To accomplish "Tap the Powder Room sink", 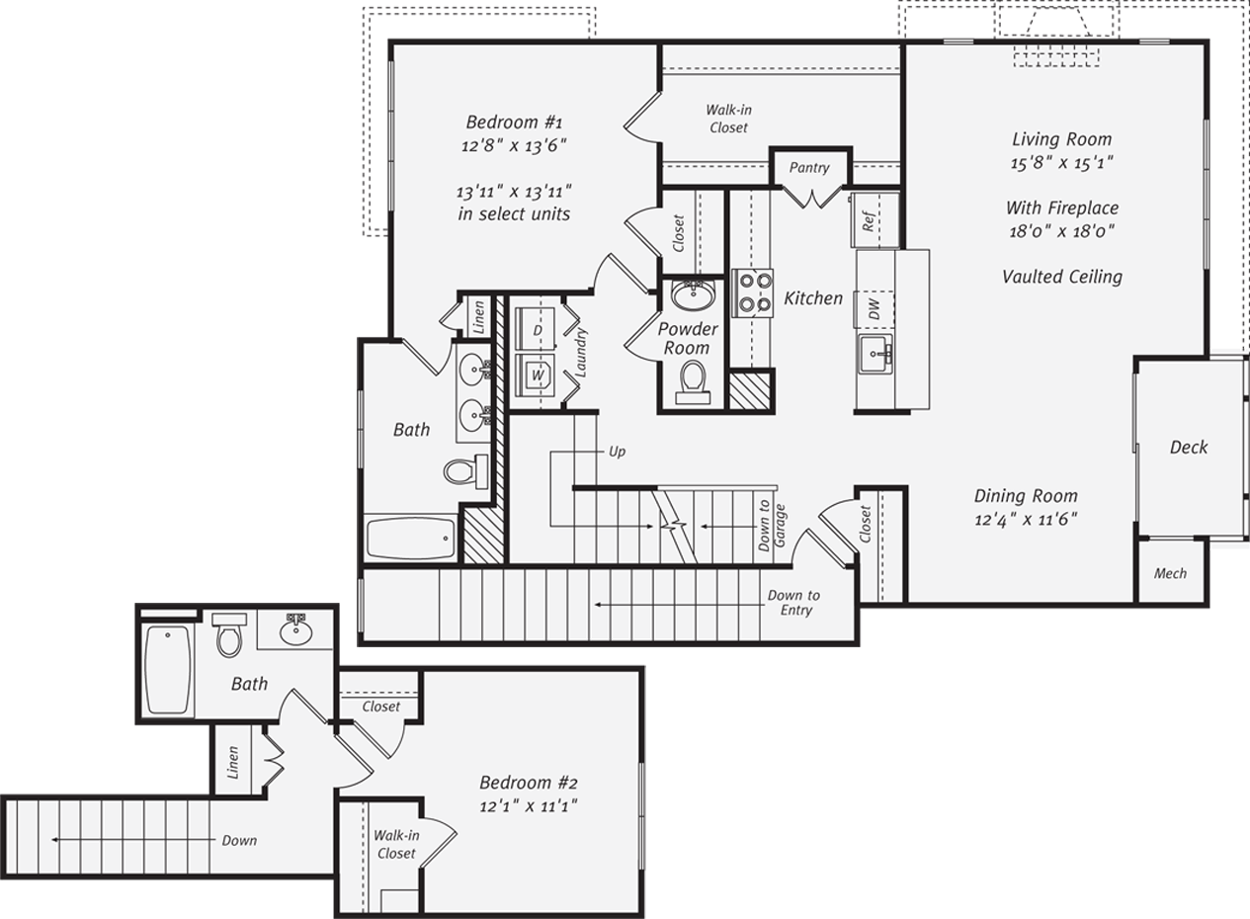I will coord(693,293).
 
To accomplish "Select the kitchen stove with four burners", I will coord(753,292).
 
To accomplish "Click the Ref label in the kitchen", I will coord(870,220).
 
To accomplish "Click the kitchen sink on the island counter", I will coord(876,354).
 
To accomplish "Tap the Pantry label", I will coord(809,168).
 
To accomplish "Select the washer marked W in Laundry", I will coord(538,376).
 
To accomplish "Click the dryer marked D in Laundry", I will coord(538,330).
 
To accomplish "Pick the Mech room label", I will coord(1170,573).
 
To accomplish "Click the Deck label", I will coord(1188,448).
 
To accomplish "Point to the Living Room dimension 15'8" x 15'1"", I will coord(1061,164).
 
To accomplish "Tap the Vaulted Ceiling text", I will coord(1061,277).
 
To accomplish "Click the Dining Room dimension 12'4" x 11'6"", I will coord(1026,519).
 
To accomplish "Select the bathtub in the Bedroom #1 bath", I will coord(411,539).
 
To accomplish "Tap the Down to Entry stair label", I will coord(794,603).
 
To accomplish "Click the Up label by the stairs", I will coord(617,452).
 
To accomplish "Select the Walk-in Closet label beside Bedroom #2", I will coord(395,845).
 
